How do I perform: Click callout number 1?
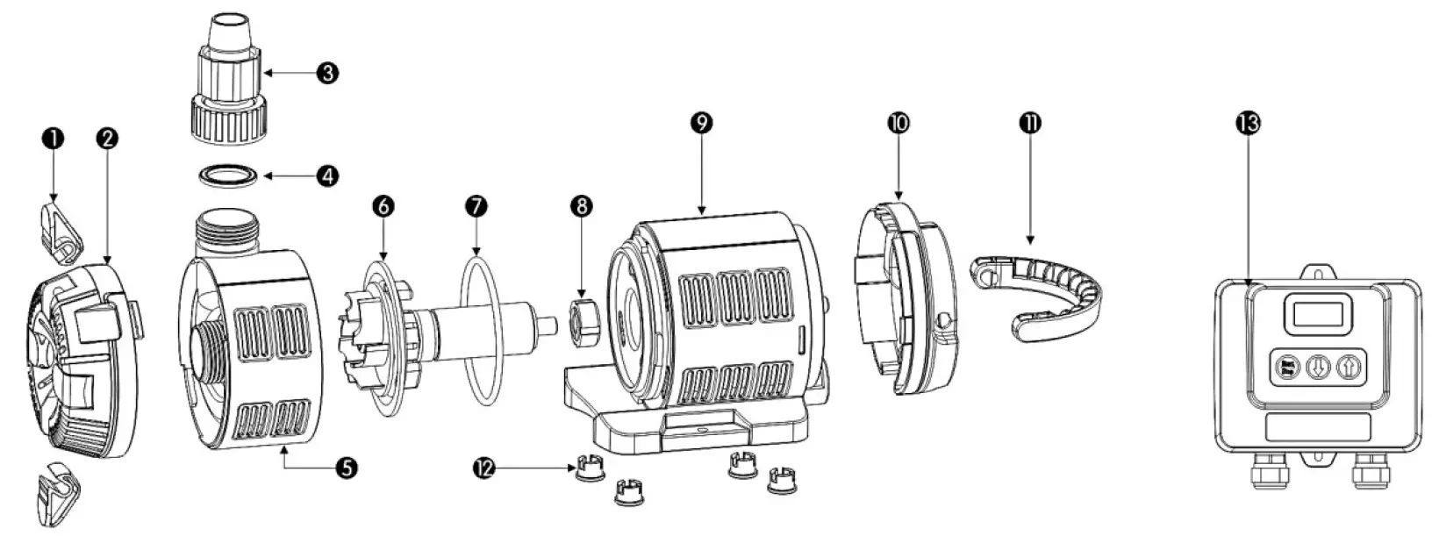coord(54,139)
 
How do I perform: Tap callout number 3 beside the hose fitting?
coord(326,73)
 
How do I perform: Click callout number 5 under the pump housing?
coord(347,468)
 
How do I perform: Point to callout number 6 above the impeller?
coord(383,206)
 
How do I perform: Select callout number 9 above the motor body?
coord(701,123)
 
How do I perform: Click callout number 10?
coord(899,123)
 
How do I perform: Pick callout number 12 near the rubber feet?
coord(485,468)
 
